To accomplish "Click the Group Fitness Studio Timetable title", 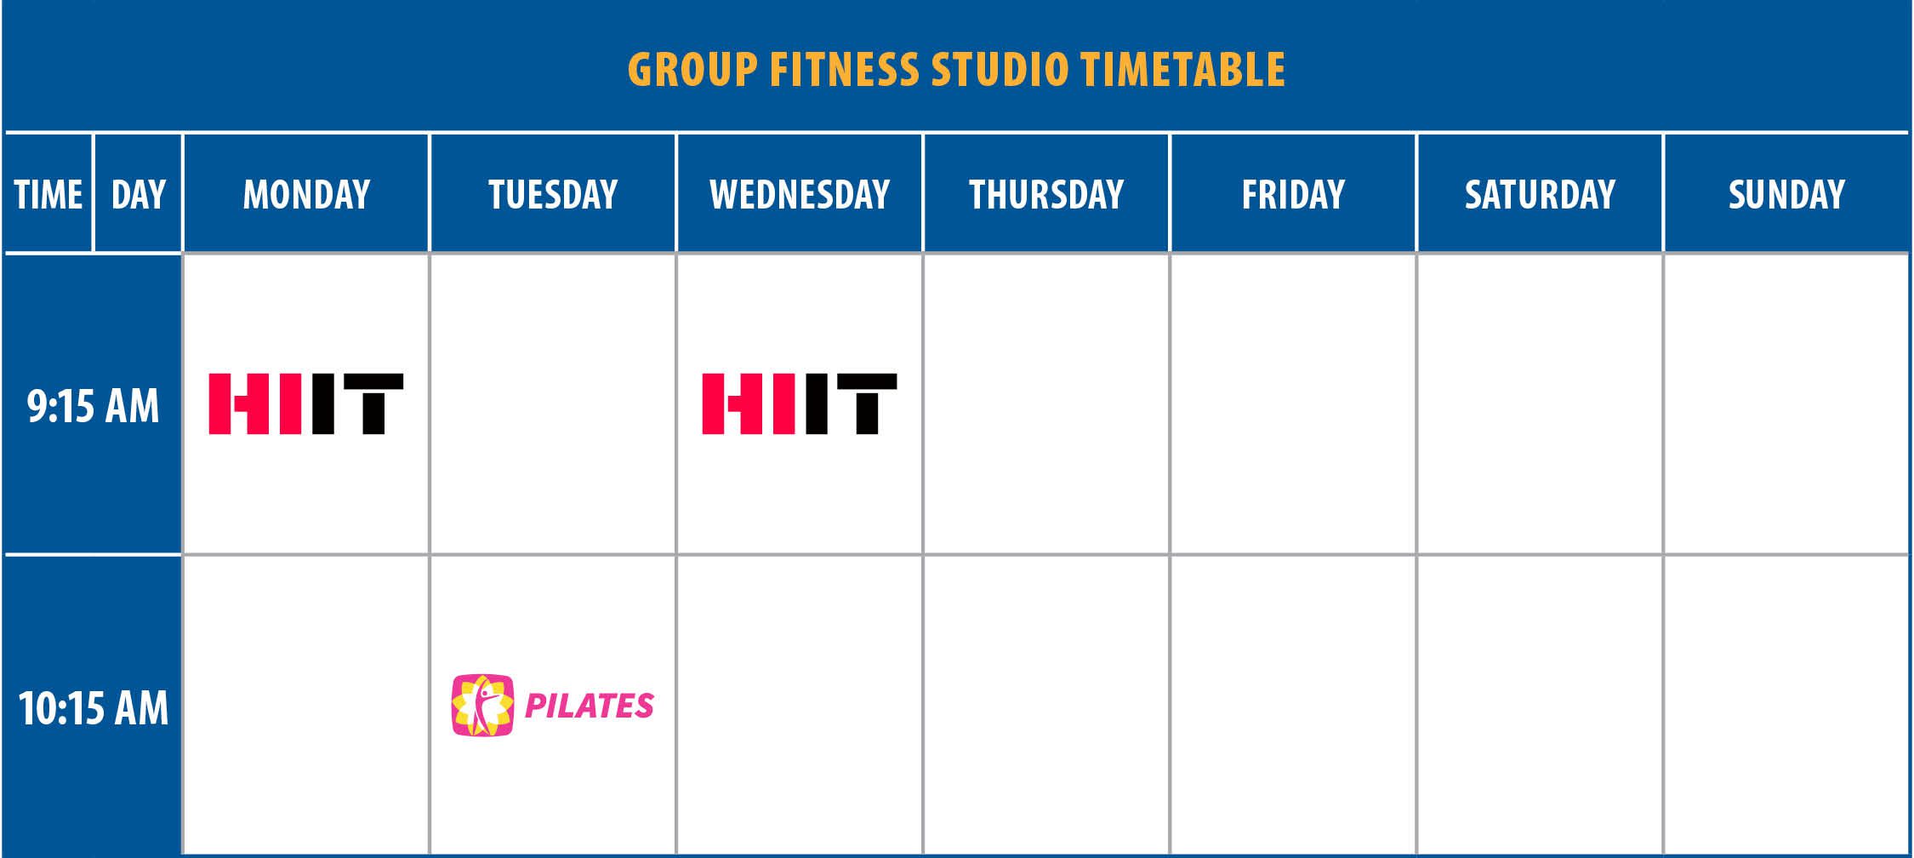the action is pyautogui.click(x=957, y=70).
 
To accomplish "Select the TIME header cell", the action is pyautogui.click(x=48, y=194).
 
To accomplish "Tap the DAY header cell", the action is pyautogui.click(x=138, y=194).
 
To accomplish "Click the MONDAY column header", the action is pyautogui.click(x=306, y=194).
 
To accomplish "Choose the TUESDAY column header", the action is pyautogui.click(x=553, y=194).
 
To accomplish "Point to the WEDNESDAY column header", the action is pyautogui.click(x=800, y=194).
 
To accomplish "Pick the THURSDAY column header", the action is pyautogui.click(x=1046, y=194).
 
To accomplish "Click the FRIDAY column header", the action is pyautogui.click(x=1293, y=194).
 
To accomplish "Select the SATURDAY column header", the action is pyautogui.click(x=1540, y=194).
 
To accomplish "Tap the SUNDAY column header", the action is pyautogui.click(x=1786, y=194).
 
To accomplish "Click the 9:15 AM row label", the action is pyautogui.click(x=94, y=406).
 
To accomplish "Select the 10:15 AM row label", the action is pyautogui.click(x=94, y=708).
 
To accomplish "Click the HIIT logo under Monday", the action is pyautogui.click(x=306, y=403).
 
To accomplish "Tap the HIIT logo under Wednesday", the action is pyautogui.click(x=800, y=403).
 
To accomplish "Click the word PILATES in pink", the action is pyautogui.click(x=590, y=706).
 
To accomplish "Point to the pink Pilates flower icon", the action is pyautogui.click(x=483, y=705).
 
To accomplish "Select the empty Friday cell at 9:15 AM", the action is pyautogui.click(x=1293, y=404).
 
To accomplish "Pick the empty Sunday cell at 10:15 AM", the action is pyautogui.click(x=1786, y=705).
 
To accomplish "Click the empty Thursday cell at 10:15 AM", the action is pyautogui.click(x=1046, y=705).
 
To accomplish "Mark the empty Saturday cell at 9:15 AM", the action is pyautogui.click(x=1540, y=404).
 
